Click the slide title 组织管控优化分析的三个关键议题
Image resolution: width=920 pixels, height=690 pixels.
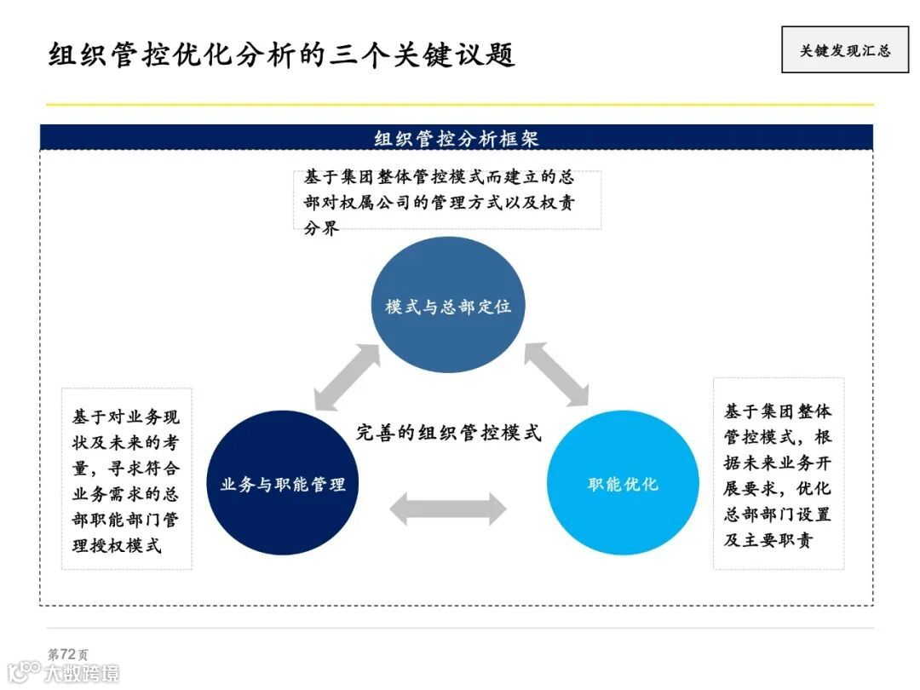[x=282, y=54]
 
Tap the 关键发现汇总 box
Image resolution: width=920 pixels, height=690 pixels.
[x=844, y=50]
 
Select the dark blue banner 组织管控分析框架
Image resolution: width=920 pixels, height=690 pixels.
[x=457, y=138]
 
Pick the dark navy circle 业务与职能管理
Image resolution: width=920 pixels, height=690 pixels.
[x=282, y=484]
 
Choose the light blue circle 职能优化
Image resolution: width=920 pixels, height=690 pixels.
[x=623, y=484]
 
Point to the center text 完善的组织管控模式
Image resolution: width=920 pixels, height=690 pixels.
[x=449, y=433]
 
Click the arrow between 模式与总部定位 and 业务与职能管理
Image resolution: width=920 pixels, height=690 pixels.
[x=347, y=376]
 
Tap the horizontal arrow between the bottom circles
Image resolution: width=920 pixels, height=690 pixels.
[x=448, y=509]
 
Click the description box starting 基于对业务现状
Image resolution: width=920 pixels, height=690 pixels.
[x=127, y=480]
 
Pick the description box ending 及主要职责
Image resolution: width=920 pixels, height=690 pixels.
[x=778, y=474]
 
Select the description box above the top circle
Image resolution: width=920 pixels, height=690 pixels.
[x=446, y=200]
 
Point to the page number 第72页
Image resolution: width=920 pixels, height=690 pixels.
[x=67, y=654]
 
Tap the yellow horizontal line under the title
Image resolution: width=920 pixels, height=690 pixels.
[x=460, y=105]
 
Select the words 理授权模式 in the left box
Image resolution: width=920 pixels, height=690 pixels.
[x=117, y=545]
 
